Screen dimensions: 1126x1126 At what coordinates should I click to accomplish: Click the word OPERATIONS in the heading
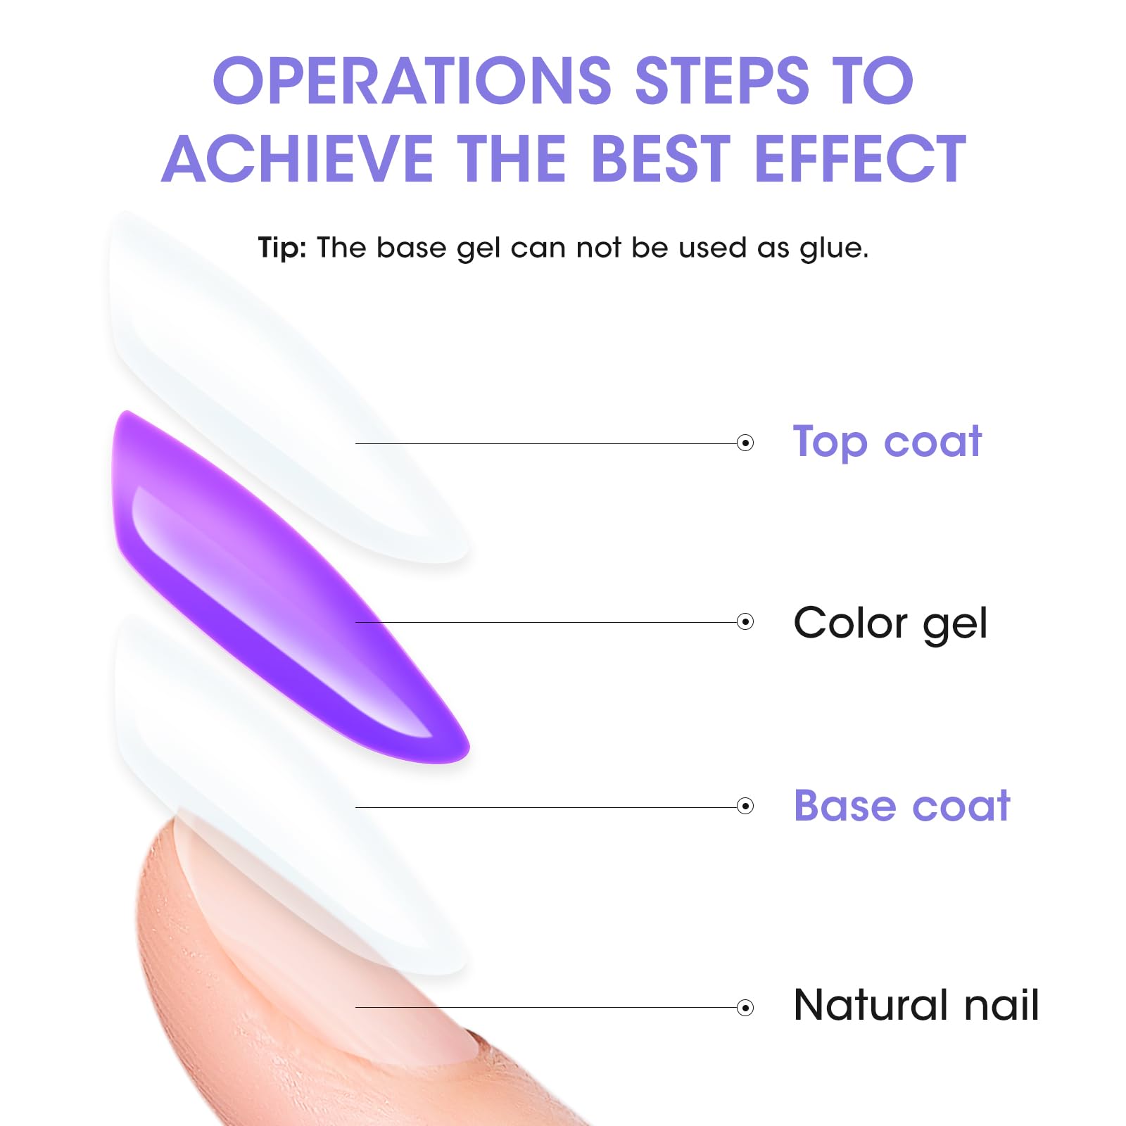(x=412, y=80)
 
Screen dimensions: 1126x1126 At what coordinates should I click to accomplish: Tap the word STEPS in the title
(x=723, y=80)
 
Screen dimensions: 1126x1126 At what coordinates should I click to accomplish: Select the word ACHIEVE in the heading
(x=298, y=158)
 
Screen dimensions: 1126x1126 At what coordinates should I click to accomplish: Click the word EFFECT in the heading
(x=861, y=158)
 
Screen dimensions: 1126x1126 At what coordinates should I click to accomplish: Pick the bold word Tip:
(x=282, y=248)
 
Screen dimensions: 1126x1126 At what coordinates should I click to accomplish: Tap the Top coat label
(x=887, y=443)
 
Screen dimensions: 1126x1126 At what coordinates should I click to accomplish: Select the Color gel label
(x=890, y=624)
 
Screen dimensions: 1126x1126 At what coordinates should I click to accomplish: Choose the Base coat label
(x=902, y=805)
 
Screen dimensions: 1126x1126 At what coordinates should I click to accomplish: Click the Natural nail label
(x=916, y=1004)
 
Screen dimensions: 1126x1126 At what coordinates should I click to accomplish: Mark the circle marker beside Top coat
(x=745, y=443)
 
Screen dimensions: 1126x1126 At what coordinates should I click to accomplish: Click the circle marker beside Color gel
(x=745, y=621)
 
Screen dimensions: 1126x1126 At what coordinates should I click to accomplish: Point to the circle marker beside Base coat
(x=745, y=806)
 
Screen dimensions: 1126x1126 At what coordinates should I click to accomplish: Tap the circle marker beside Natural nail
(x=745, y=1008)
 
